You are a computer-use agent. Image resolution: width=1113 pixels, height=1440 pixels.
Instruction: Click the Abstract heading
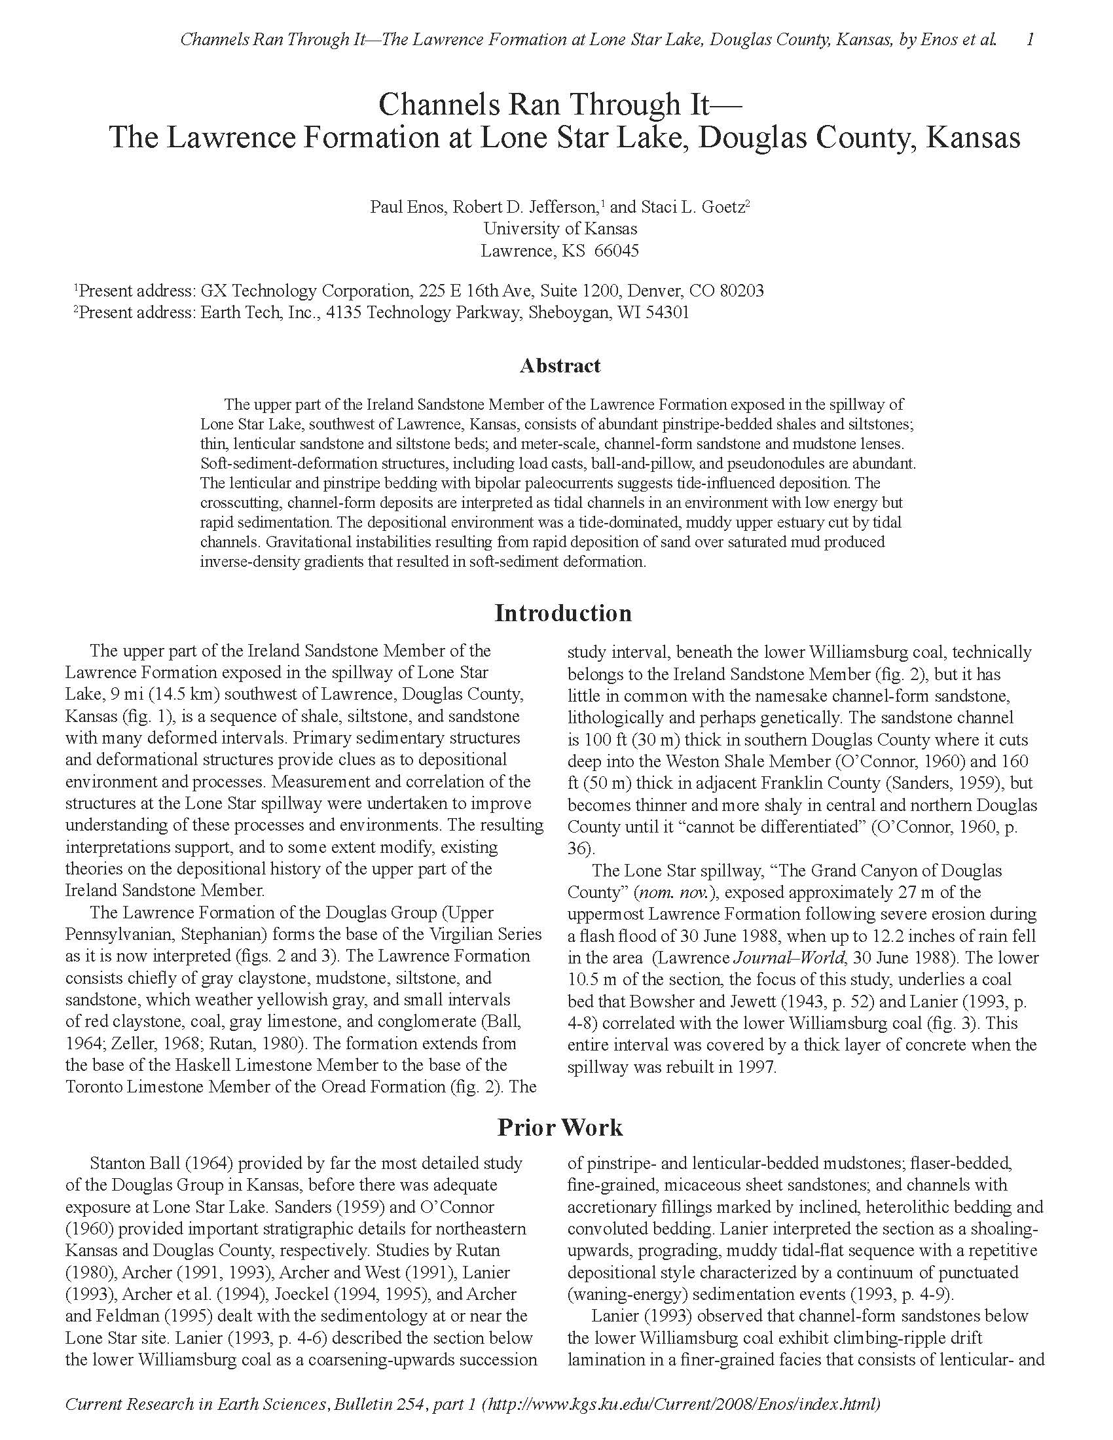(x=560, y=366)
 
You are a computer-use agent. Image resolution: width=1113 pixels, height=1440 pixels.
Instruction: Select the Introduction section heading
(x=563, y=613)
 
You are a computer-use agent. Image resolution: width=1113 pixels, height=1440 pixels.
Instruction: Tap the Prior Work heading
(x=560, y=1127)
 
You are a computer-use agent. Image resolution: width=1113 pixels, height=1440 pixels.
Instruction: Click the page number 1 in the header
(x=1030, y=39)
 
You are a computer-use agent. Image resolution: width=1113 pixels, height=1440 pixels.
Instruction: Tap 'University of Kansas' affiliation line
(x=560, y=229)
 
